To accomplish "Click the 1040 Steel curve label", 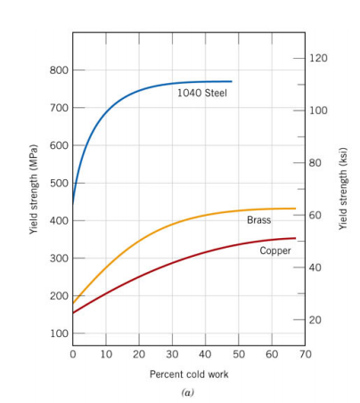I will pos(203,94).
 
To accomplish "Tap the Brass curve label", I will pos(258,220).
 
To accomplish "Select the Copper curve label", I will pos(275,251).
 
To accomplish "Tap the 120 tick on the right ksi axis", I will pos(318,58).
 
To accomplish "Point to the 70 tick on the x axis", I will pos(306,355).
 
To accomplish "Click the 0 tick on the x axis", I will pos(73,355).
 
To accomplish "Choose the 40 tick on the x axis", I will pos(206,355).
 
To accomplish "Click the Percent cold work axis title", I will pos(188,374).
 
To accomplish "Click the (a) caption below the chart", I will pos(187,391).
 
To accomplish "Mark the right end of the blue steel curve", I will pos(232,81).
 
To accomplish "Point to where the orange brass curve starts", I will pos(73,304).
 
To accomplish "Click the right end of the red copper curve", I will pos(295,238).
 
